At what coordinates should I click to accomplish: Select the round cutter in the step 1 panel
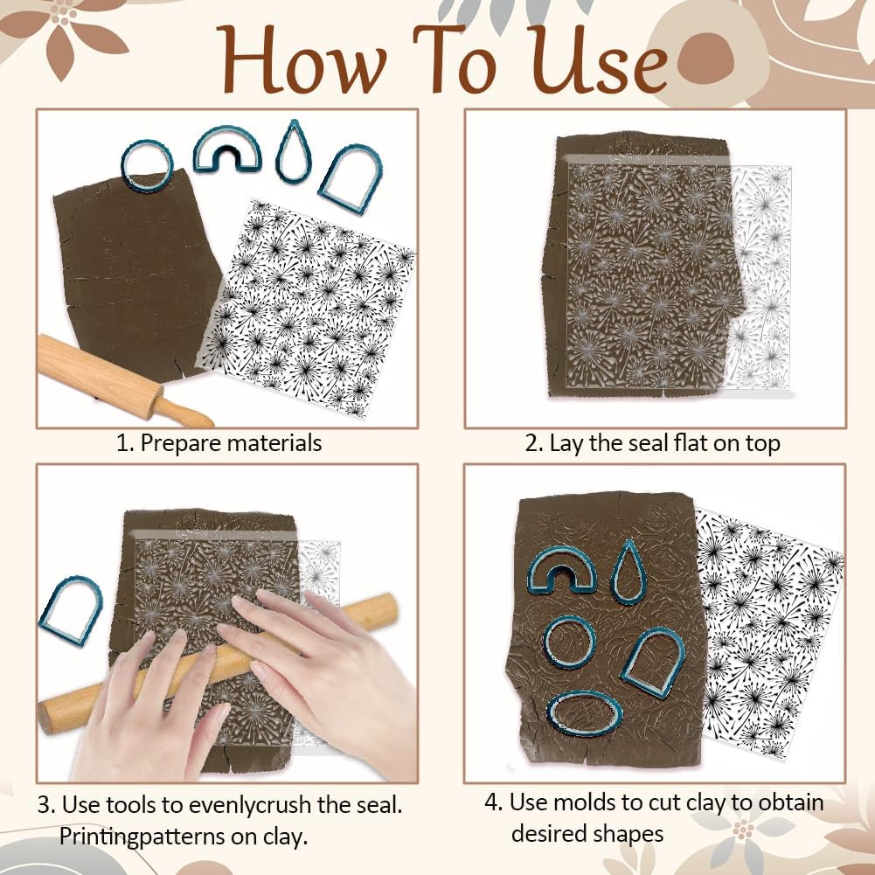pyautogui.click(x=146, y=165)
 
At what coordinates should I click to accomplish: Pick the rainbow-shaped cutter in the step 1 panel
pyautogui.click(x=227, y=148)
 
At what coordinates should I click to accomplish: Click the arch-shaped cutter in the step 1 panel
pyautogui.click(x=351, y=180)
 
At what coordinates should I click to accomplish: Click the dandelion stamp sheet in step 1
pyautogui.click(x=306, y=306)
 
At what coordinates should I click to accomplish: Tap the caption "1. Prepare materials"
pyautogui.click(x=219, y=443)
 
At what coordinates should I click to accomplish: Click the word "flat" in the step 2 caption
pyautogui.click(x=691, y=443)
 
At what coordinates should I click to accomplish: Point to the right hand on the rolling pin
pyautogui.click(x=323, y=664)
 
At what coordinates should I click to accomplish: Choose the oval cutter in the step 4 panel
pyautogui.click(x=585, y=713)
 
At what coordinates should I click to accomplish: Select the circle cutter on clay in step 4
pyautogui.click(x=568, y=642)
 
